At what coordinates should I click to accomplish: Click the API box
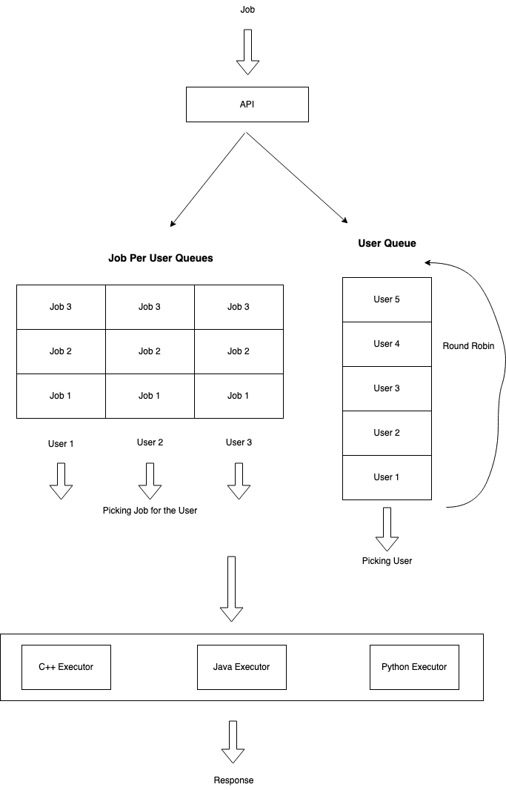click(247, 104)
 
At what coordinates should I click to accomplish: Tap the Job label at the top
click(247, 10)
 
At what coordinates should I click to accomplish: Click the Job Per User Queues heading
click(161, 259)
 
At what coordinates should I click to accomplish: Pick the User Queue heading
click(387, 243)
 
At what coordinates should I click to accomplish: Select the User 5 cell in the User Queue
click(387, 299)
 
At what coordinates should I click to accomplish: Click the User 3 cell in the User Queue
click(387, 388)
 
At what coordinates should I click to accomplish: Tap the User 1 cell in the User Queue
click(387, 477)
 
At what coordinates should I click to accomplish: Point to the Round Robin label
click(468, 346)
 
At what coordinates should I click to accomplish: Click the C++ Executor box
click(66, 667)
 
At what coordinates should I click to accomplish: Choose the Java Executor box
click(242, 667)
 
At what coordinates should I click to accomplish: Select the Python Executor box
click(414, 667)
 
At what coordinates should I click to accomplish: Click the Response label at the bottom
click(233, 780)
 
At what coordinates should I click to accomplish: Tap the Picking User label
click(387, 561)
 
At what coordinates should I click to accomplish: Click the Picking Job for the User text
click(150, 511)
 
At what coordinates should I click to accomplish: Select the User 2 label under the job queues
click(150, 442)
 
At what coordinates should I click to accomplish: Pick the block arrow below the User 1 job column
click(61, 481)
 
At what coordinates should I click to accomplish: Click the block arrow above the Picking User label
click(387, 528)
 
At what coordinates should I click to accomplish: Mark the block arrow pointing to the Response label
click(233, 741)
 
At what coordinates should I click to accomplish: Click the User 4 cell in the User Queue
click(387, 344)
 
